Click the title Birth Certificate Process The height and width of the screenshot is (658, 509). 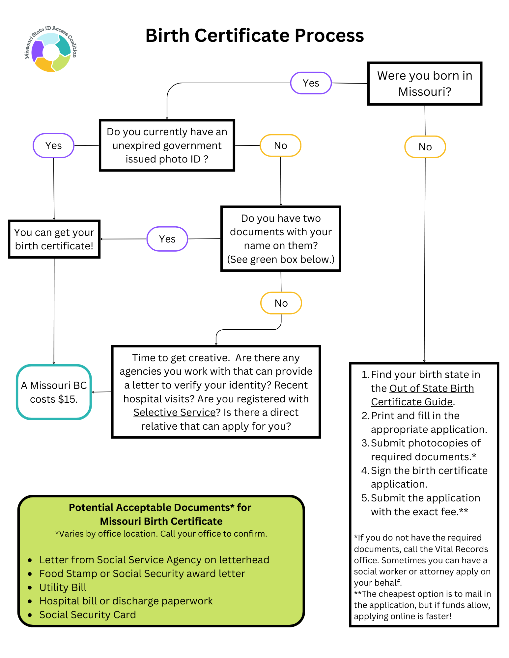(254, 36)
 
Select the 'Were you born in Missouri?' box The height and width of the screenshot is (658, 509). (424, 84)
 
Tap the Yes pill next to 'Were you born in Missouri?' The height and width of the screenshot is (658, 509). (311, 83)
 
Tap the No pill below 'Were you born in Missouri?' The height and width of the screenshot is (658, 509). (425, 147)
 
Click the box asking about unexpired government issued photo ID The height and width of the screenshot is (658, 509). (167, 145)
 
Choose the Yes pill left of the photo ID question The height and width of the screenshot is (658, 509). (53, 145)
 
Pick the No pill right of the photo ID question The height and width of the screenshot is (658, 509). (280, 145)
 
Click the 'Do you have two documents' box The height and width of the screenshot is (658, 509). (280, 239)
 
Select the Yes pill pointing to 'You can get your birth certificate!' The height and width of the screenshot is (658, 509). (167, 239)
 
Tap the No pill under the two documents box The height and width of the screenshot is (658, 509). (281, 303)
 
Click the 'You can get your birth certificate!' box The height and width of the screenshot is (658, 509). (54, 239)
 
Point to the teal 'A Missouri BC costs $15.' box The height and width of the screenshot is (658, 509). (54, 392)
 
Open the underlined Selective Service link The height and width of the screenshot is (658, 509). (174, 413)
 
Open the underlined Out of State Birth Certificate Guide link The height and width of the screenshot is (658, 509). (422, 395)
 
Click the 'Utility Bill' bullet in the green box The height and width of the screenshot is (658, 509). (63, 587)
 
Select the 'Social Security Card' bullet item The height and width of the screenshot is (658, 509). (87, 615)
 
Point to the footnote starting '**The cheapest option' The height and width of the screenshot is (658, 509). (422, 605)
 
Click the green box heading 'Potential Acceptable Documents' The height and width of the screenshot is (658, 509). (160, 514)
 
